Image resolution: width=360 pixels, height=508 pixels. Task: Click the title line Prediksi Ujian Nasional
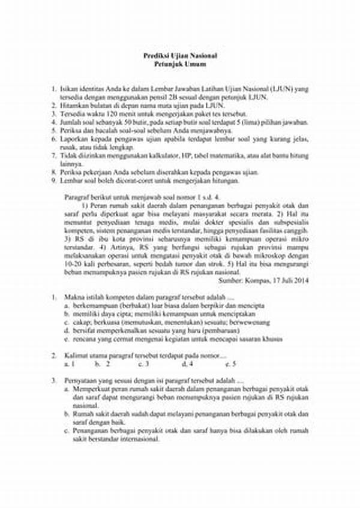[x=180, y=55]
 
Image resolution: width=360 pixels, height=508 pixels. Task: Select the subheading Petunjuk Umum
[x=180, y=63]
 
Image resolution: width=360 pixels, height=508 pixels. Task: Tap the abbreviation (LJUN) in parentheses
[x=277, y=88]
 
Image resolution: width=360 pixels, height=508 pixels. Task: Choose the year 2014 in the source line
[x=301, y=279]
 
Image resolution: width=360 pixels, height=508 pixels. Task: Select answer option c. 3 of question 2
[x=143, y=363]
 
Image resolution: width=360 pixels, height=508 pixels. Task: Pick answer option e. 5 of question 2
[x=230, y=363]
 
